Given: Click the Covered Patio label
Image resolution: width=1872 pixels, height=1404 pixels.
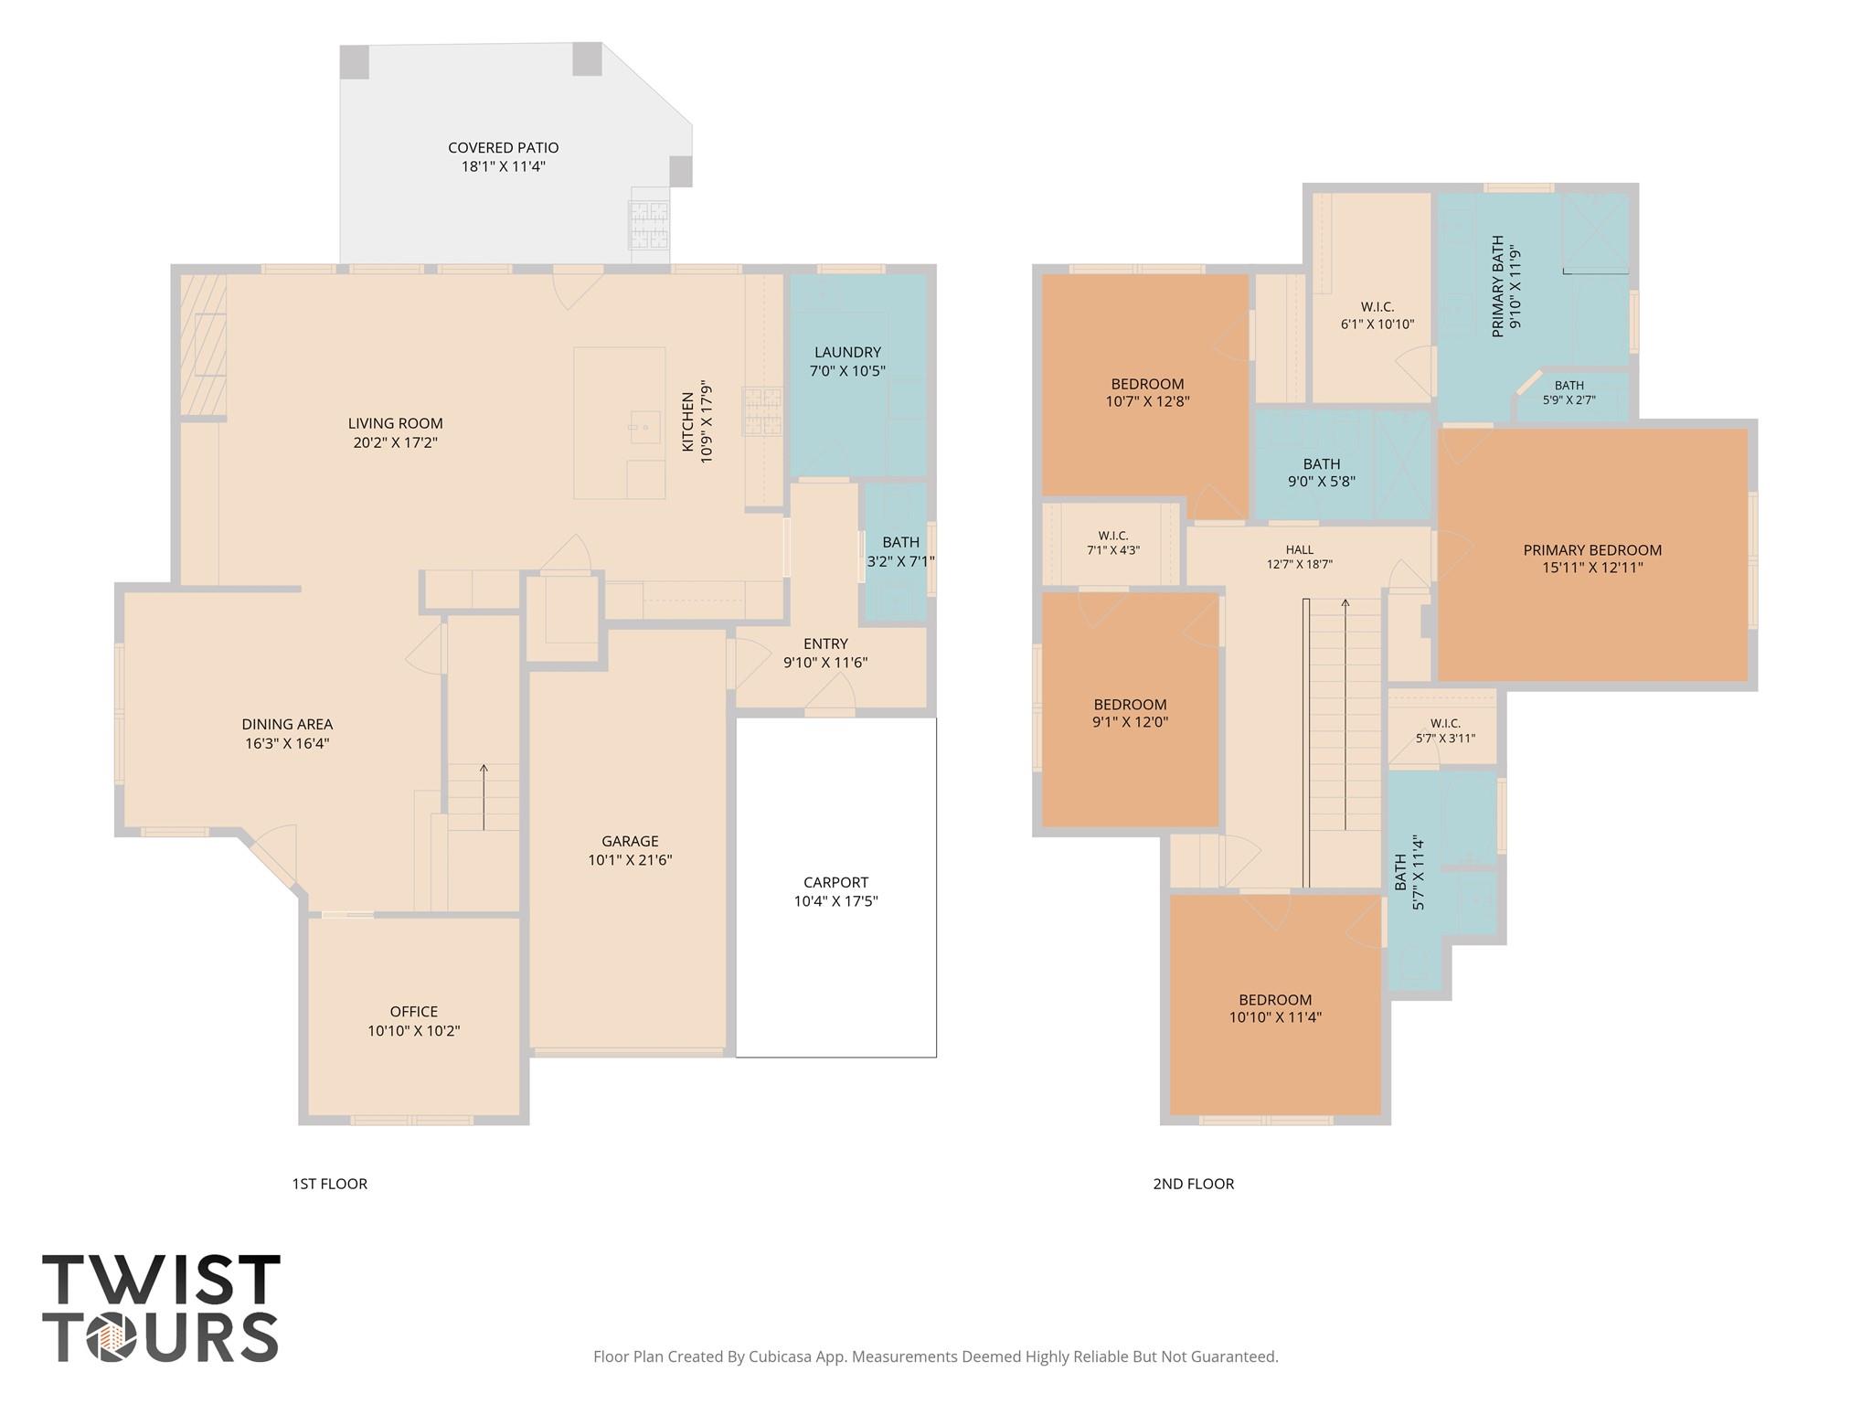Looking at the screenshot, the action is point(503,148).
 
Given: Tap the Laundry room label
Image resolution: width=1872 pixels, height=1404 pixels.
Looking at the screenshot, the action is point(847,352).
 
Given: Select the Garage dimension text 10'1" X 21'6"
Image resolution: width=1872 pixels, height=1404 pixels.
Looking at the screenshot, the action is point(630,860).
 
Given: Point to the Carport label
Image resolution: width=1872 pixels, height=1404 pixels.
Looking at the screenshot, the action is point(835,882).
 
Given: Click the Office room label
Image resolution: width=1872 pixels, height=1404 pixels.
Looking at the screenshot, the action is point(413,1012).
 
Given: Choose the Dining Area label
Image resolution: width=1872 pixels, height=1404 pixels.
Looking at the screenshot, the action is point(287,725).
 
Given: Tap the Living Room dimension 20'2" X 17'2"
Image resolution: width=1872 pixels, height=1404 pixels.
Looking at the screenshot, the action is point(396,442).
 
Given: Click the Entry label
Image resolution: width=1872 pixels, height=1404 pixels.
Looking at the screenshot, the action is point(825,643).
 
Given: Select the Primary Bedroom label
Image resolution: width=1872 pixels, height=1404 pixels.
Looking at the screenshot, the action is point(1592,550).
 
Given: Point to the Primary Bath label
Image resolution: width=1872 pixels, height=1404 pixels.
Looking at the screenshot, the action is point(1497,286).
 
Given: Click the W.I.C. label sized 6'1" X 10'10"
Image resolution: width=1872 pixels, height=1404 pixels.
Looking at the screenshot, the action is point(1377,307).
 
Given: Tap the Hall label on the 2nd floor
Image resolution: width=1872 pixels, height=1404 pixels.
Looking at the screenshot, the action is point(1299,549).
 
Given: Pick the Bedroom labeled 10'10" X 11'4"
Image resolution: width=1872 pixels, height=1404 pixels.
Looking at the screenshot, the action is point(1275,1000).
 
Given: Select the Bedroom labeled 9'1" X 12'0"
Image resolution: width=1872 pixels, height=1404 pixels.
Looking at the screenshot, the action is point(1130,705).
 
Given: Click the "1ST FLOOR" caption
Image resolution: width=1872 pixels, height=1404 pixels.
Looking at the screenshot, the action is point(329,1184).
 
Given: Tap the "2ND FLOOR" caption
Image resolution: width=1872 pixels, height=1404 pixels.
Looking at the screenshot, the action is point(1193,1184).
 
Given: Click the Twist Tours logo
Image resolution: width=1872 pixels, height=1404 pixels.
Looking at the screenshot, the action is point(161,1307).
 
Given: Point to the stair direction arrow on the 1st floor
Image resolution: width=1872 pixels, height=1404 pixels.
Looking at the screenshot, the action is point(484,796).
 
